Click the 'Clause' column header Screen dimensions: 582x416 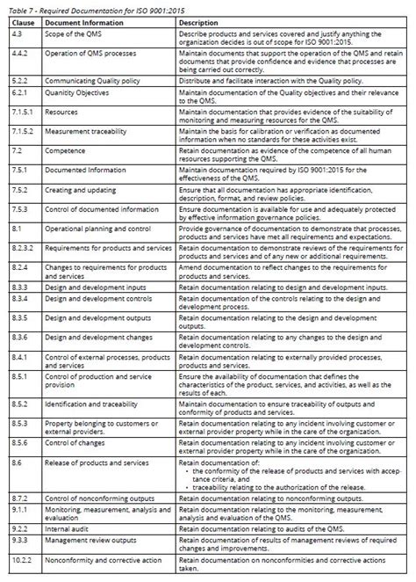click(21, 21)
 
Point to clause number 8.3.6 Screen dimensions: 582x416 click(18, 338)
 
